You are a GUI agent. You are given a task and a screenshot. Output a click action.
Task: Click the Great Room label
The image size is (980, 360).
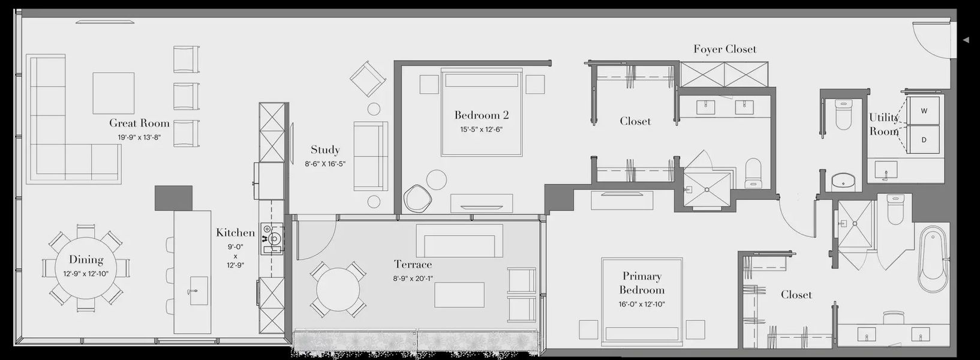139,124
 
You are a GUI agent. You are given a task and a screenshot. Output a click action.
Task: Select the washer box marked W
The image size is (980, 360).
924,111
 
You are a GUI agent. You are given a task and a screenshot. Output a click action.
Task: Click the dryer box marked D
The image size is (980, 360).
924,140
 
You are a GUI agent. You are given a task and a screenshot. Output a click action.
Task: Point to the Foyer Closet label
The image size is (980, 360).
725,49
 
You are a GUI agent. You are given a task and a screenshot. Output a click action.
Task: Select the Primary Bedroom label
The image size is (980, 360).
642,283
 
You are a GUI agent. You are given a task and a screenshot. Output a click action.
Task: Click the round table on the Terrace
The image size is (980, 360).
338,289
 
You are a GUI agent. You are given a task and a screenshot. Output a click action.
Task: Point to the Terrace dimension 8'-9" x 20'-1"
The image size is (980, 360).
413,278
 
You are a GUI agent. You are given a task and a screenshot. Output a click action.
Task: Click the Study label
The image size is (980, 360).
325,150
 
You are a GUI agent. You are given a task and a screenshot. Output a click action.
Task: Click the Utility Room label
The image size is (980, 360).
883,124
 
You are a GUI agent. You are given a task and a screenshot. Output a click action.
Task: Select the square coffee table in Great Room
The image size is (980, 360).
113,93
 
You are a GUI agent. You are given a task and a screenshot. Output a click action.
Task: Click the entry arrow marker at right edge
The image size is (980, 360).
966,40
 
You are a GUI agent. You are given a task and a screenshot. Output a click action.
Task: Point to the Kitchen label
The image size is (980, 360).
236,233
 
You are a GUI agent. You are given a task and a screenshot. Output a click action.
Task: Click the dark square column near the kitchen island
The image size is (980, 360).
173,197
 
